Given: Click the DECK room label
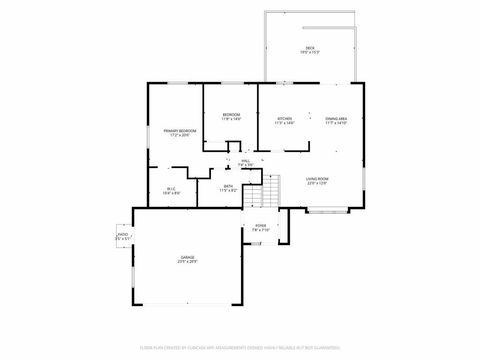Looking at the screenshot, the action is click(310, 48).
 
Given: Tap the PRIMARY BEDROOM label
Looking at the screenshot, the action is click(180, 131).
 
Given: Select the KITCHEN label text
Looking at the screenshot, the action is click(285, 119).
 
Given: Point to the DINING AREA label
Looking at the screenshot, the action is click(336, 119).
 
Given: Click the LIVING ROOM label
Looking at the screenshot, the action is click(317, 179).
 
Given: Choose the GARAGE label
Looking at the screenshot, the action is click(187, 257).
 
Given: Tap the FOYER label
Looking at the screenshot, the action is click(261, 225).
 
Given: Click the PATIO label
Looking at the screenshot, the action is click(123, 234).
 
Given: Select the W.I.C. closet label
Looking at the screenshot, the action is click(172, 189).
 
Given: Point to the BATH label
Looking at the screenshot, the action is click(228, 186).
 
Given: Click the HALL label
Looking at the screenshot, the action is click(246, 161).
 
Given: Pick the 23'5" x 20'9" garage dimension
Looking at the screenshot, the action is click(187, 262).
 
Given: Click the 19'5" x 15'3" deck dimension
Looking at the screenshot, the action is click(310, 52).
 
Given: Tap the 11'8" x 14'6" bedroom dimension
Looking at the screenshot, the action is click(232, 119).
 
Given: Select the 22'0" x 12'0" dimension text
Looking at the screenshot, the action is click(317, 183).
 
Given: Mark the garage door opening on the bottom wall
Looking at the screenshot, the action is click(187, 305).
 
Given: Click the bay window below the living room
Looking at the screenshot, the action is click(328, 212).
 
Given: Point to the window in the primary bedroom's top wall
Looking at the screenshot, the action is click(178, 83).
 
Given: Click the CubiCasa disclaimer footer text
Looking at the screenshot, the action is click(240, 348).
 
